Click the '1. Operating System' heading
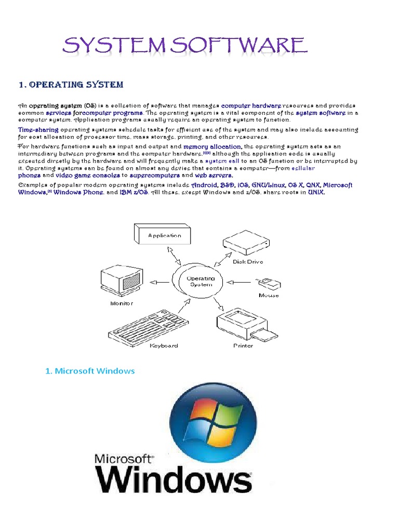click(71, 85)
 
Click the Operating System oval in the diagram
click(200, 282)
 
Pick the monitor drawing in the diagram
click(121, 281)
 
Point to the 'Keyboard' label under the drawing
click(164, 345)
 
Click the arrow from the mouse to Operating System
click(241, 283)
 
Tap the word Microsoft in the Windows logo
click(123, 458)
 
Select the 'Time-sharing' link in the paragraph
click(38, 129)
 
